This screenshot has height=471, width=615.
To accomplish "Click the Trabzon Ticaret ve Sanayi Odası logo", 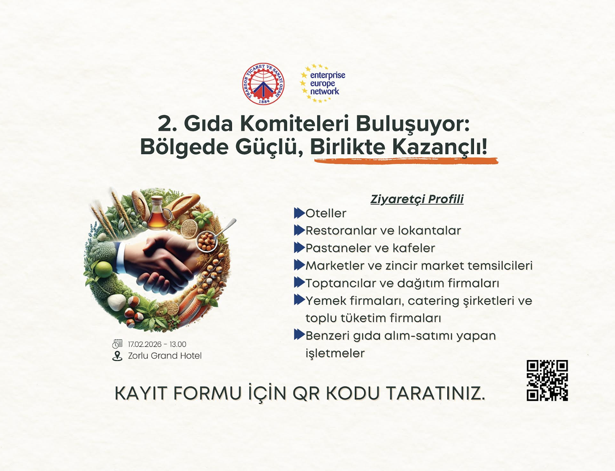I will (263, 84).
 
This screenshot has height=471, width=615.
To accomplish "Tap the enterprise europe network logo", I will (323, 83).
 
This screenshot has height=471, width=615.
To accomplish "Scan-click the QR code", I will (547, 380).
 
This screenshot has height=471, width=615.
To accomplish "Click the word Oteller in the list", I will (326, 213).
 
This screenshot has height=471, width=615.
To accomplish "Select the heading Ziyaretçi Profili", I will (417, 199).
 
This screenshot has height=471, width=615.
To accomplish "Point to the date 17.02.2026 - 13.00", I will (157, 344).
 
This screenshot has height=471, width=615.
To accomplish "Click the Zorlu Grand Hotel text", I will (165, 356).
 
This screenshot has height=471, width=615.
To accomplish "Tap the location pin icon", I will (117, 356).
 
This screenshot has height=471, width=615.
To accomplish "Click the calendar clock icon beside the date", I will (118, 343).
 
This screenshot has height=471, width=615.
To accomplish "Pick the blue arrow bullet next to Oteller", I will (299, 213).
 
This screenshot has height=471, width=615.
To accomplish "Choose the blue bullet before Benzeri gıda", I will (299, 335).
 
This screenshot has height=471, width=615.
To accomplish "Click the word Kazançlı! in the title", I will (440, 147).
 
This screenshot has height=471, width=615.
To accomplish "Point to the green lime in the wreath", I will (103, 269).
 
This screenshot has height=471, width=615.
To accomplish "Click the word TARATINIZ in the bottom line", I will (435, 394).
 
